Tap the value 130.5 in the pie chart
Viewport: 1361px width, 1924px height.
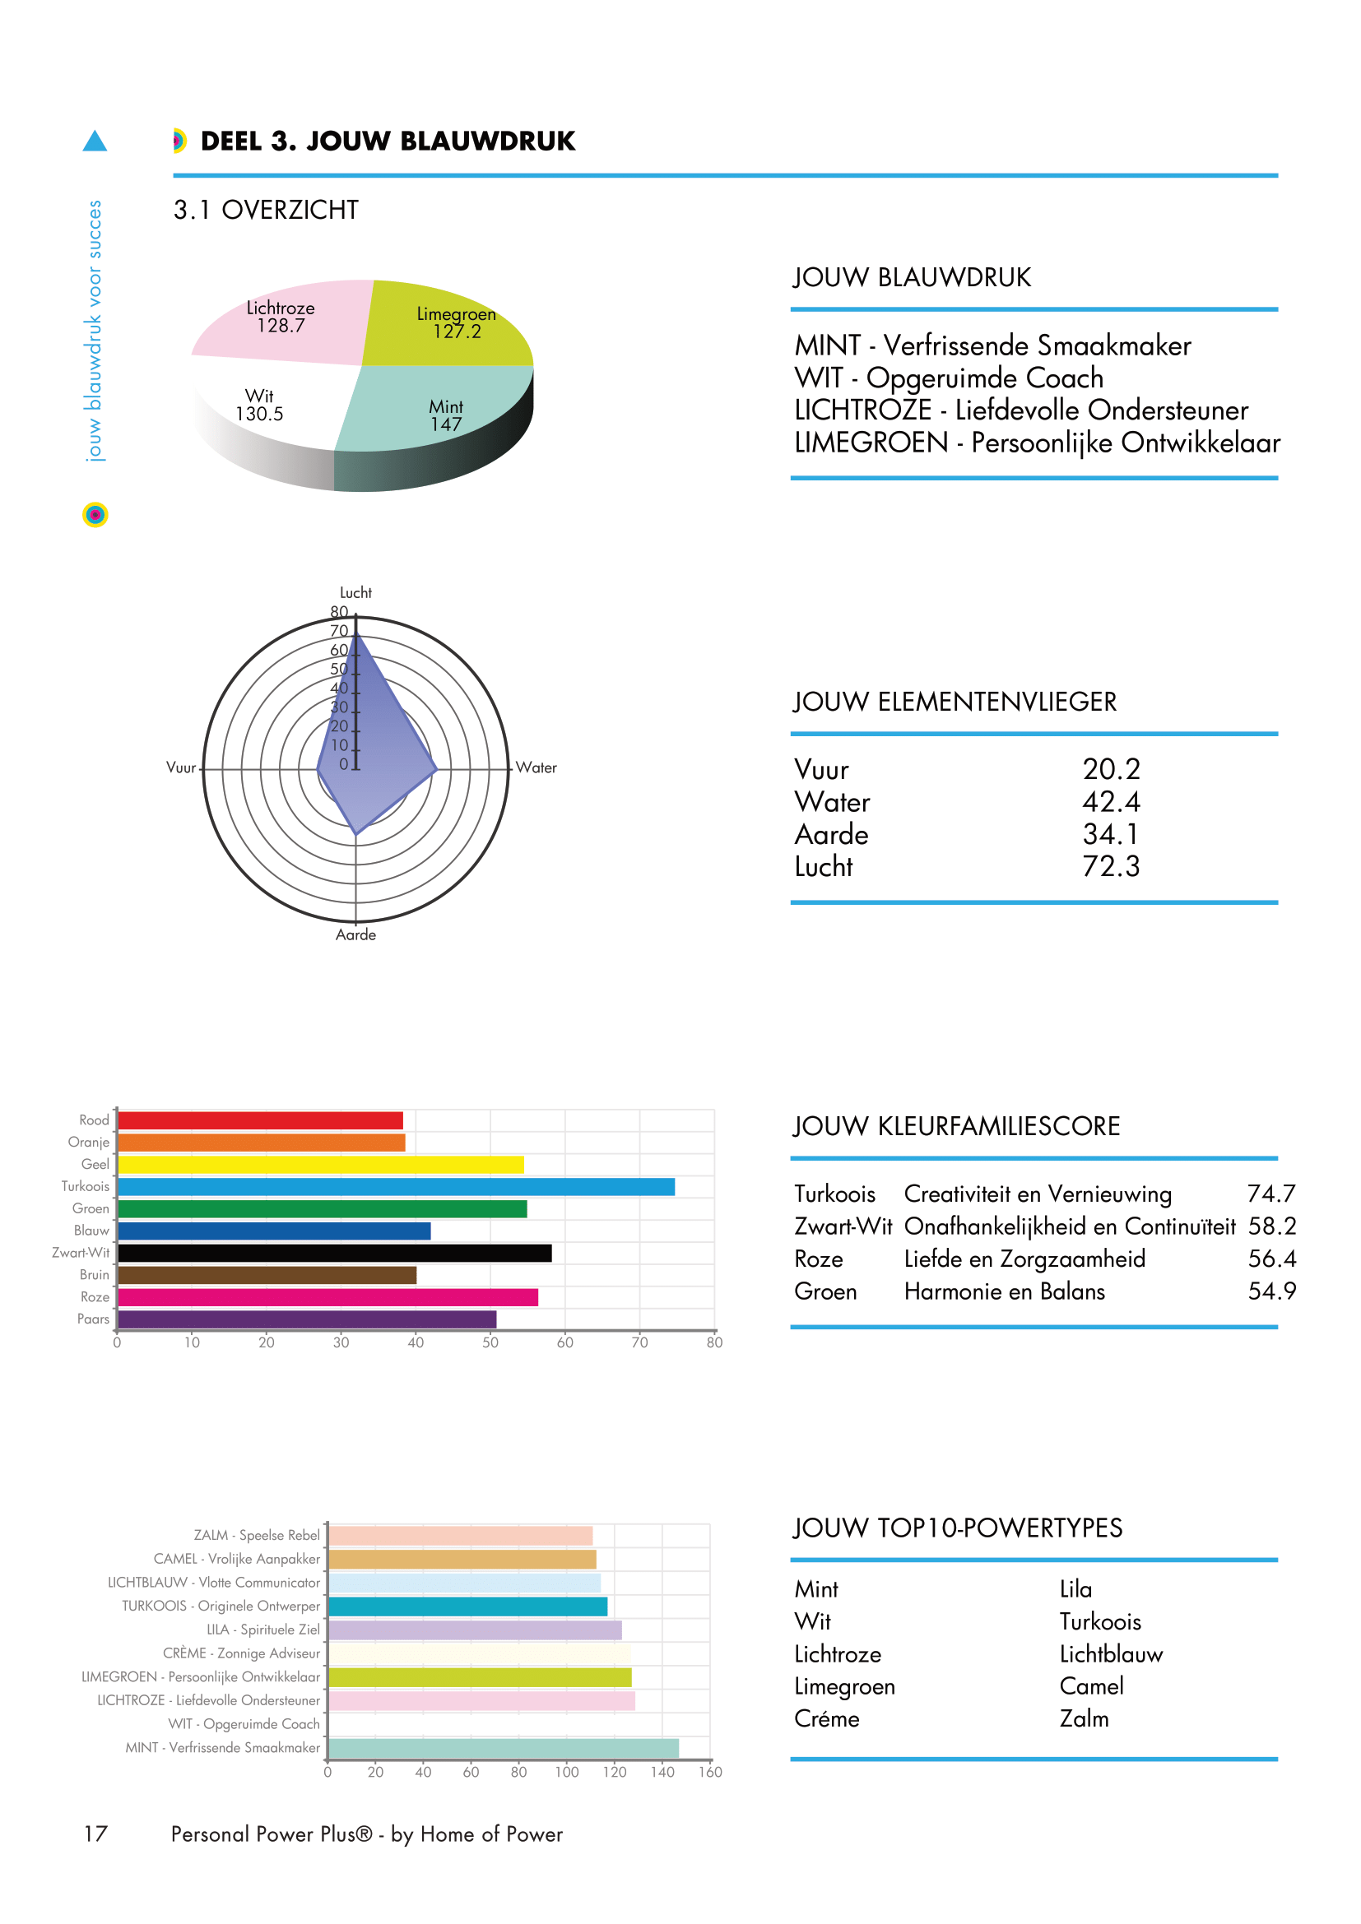[259, 414]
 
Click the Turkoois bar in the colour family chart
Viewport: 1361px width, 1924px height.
[396, 1187]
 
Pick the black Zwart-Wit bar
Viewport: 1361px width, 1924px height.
[334, 1253]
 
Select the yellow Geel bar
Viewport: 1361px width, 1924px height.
[320, 1165]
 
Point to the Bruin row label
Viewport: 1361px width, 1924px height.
[94, 1274]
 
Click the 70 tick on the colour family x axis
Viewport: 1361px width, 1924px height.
[639, 1342]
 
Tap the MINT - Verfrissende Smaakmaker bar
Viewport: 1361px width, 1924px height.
[503, 1748]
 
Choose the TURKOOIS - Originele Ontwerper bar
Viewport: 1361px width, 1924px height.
[467, 1606]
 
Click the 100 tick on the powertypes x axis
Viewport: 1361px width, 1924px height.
[566, 1773]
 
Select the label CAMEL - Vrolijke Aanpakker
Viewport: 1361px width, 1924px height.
[236, 1559]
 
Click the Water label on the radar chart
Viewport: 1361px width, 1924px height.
[537, 767]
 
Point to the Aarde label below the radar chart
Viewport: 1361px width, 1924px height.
[355, 934]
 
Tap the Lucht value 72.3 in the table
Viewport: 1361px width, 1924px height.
[1110, 866]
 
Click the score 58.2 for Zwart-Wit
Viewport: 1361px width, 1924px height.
[1271, 1226]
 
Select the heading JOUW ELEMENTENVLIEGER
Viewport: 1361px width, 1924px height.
[955, 702]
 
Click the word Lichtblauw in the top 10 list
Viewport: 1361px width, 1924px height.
[1110, 1654]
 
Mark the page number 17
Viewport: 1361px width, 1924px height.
[95, 1834]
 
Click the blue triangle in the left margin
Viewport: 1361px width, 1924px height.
[95, 141]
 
